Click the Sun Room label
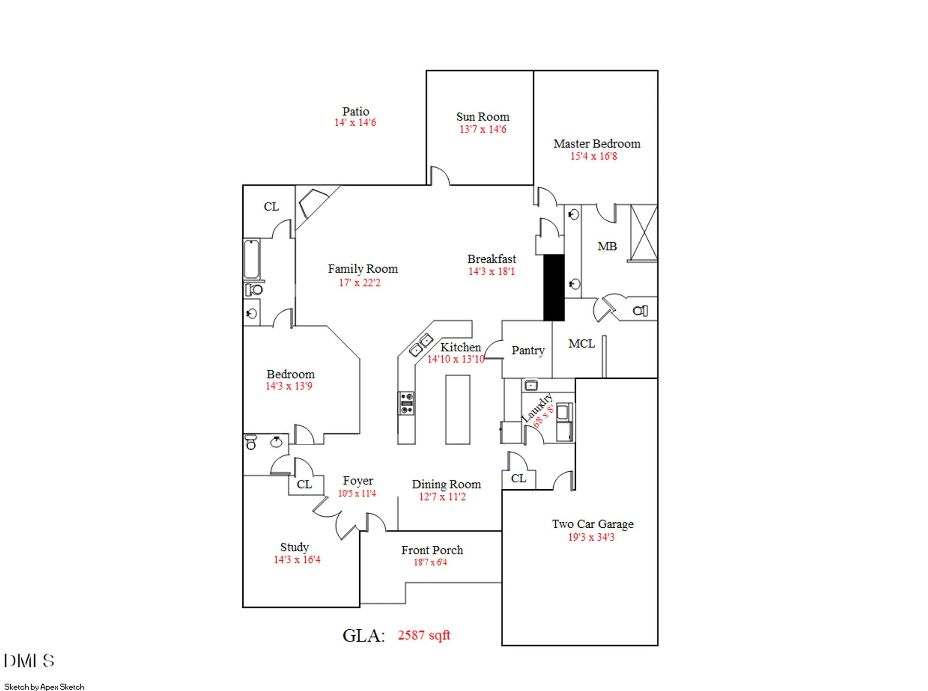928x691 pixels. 483,117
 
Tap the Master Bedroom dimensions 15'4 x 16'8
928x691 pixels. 593,156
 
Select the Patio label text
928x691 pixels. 355,112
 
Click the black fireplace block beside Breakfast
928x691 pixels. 554,288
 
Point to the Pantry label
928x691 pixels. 528,351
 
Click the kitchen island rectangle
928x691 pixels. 458,409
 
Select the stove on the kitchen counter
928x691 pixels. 406,403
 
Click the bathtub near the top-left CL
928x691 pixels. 252,259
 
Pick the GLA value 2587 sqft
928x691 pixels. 424,635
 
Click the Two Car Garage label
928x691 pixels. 593,524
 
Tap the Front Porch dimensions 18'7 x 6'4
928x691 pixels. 430,563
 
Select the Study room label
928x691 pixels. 294,547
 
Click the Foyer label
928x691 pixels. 358,481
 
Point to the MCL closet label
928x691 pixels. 581,344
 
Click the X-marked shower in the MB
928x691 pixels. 644,233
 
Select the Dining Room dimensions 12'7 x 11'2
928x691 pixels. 442,497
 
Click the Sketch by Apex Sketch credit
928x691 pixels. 44,687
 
